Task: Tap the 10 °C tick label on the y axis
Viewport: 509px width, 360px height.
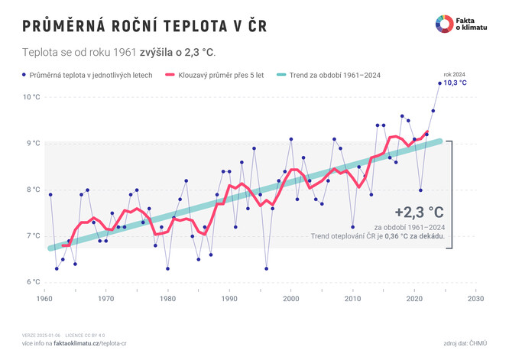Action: point(31,97)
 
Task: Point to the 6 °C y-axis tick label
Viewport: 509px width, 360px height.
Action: point(33,282)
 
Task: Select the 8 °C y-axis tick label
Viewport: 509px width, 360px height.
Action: point(33,190)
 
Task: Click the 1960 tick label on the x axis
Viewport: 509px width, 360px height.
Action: point(45,298)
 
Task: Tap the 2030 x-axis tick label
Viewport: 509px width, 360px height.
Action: point(476,298)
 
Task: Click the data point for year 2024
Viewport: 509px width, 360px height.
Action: point(439,83)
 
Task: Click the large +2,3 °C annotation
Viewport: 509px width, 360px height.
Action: point(420,212)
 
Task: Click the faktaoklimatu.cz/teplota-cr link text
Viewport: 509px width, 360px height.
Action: point(100,344)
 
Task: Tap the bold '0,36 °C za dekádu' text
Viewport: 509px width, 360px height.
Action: point(414,236)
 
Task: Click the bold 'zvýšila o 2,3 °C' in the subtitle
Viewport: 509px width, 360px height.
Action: point(176,53)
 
